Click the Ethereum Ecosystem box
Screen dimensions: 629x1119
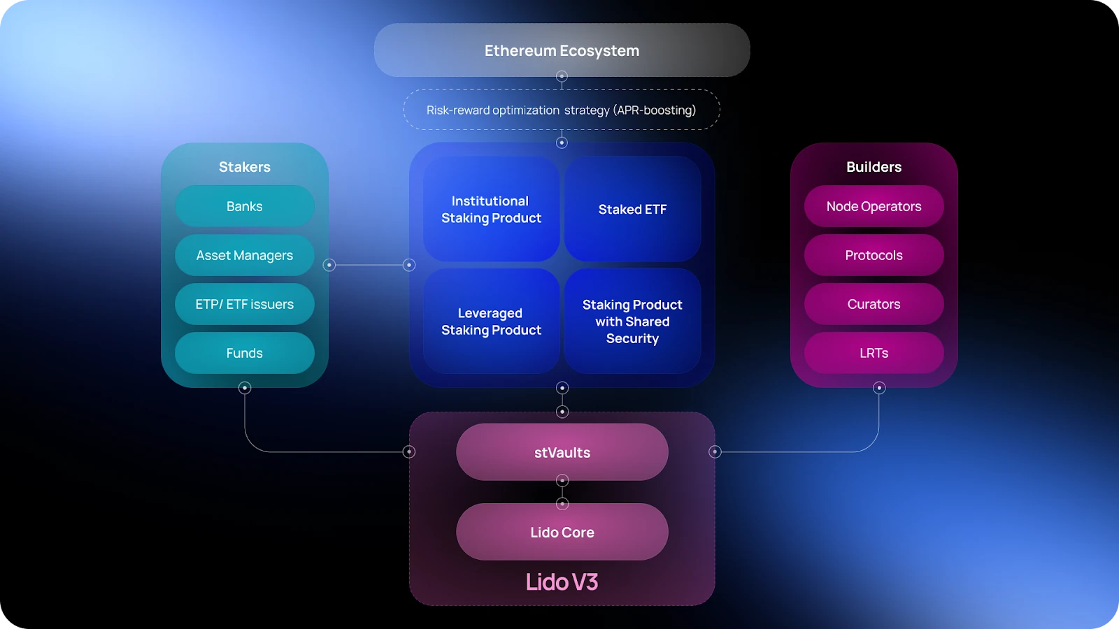click(x=562, y=50)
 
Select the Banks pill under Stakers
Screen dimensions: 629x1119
click(x=244, y=206)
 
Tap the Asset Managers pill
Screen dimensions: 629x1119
click(x=244, y=255)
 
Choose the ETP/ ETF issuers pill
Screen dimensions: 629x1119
click(x=244, y=304)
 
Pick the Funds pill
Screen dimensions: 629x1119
click(x=244, y=353)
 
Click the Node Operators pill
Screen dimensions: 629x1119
click(x=874, y=206)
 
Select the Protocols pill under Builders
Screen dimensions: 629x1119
click(x=874, y=255)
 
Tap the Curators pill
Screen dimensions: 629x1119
click(x=874, y=304)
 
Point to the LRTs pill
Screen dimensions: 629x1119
click(x=874, y=353)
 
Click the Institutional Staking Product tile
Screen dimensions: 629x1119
click(x=491, y=209)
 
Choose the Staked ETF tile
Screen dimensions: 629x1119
click(x=632, y=209)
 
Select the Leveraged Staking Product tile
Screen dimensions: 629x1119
click(x=491, y=321)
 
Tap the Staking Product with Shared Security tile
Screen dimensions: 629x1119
click(x=632, y=321)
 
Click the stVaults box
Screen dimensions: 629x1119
click(x=562, y=452)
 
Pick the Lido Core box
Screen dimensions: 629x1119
click(x=562, y=532)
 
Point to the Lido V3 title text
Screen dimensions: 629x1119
click(x=562, y=581)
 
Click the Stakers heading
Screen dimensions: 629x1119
click(x=244, y=167)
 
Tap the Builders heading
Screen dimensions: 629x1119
click(x=874, y=167)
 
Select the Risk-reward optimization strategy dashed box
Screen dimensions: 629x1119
click(x=562, y=110)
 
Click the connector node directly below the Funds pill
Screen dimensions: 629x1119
click(x=245, y=388)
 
